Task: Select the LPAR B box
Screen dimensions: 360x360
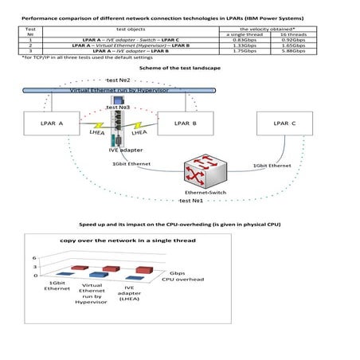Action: click(183, 125)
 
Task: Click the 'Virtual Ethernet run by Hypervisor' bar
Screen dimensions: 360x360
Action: click(119, 92)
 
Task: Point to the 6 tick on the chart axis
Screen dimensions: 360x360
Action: click(33, 258)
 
